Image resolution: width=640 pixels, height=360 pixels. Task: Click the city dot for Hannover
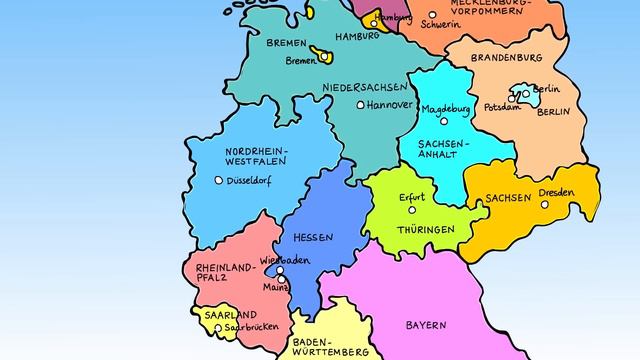(x=361, y=104)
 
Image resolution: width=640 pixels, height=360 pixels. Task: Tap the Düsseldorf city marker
(x=219, y=180)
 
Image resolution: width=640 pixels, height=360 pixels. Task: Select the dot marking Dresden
(x=545, y=204)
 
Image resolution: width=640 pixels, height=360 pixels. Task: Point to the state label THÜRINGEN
(x=425, y=229)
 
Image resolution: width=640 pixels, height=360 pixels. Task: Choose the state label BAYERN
(x=427, y=326)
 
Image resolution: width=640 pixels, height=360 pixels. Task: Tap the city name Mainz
(x=275, y=287)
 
